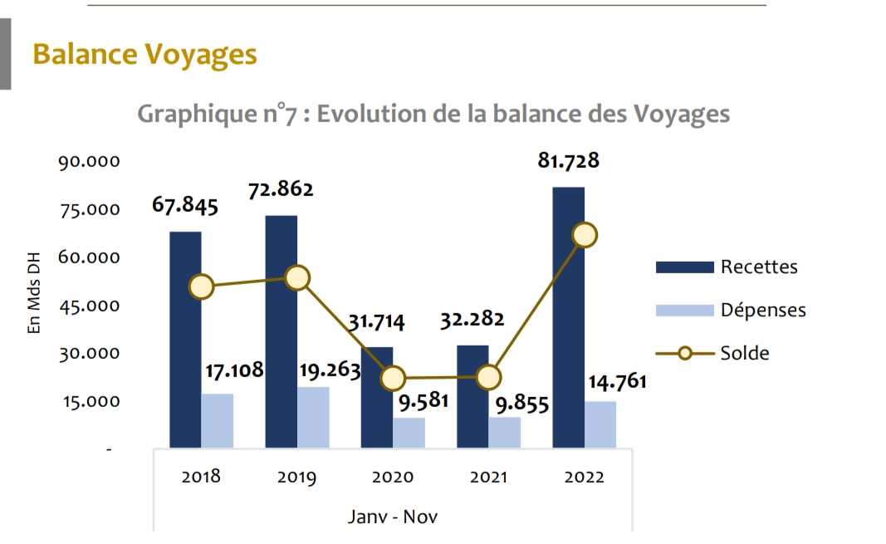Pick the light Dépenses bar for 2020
pyautogui.click(x=409, y=433)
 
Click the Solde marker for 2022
pyautogui.click(x=585, y=235)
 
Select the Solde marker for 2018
pyautogui.click(x=201, y=287)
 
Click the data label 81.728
pyautogui.click(x=568, y=160)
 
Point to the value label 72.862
pyautogui.click(x=281, y=189)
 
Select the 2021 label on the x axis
pyautogui.click(x=488, y=478)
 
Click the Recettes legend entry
pyautogui.click(x=758, y=267)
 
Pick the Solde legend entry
pyautogui.click(x=744, y=353)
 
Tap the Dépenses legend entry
pyautogui.click(x=762, y=310)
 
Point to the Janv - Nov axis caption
pyautogui.click(x=392, y=517)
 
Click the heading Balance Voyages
pyautogui.click(x=144, y=55)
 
